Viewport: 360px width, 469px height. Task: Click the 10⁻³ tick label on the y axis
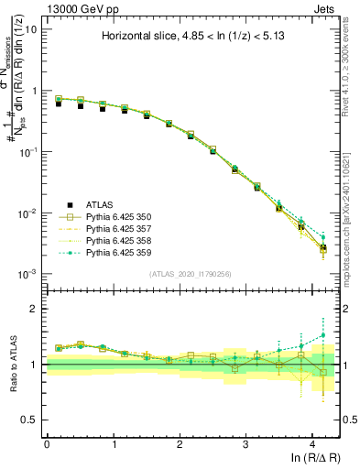click(27, 274)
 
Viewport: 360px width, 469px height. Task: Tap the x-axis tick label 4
click(312, 442)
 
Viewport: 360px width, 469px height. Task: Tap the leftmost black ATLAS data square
click(58, 104)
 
